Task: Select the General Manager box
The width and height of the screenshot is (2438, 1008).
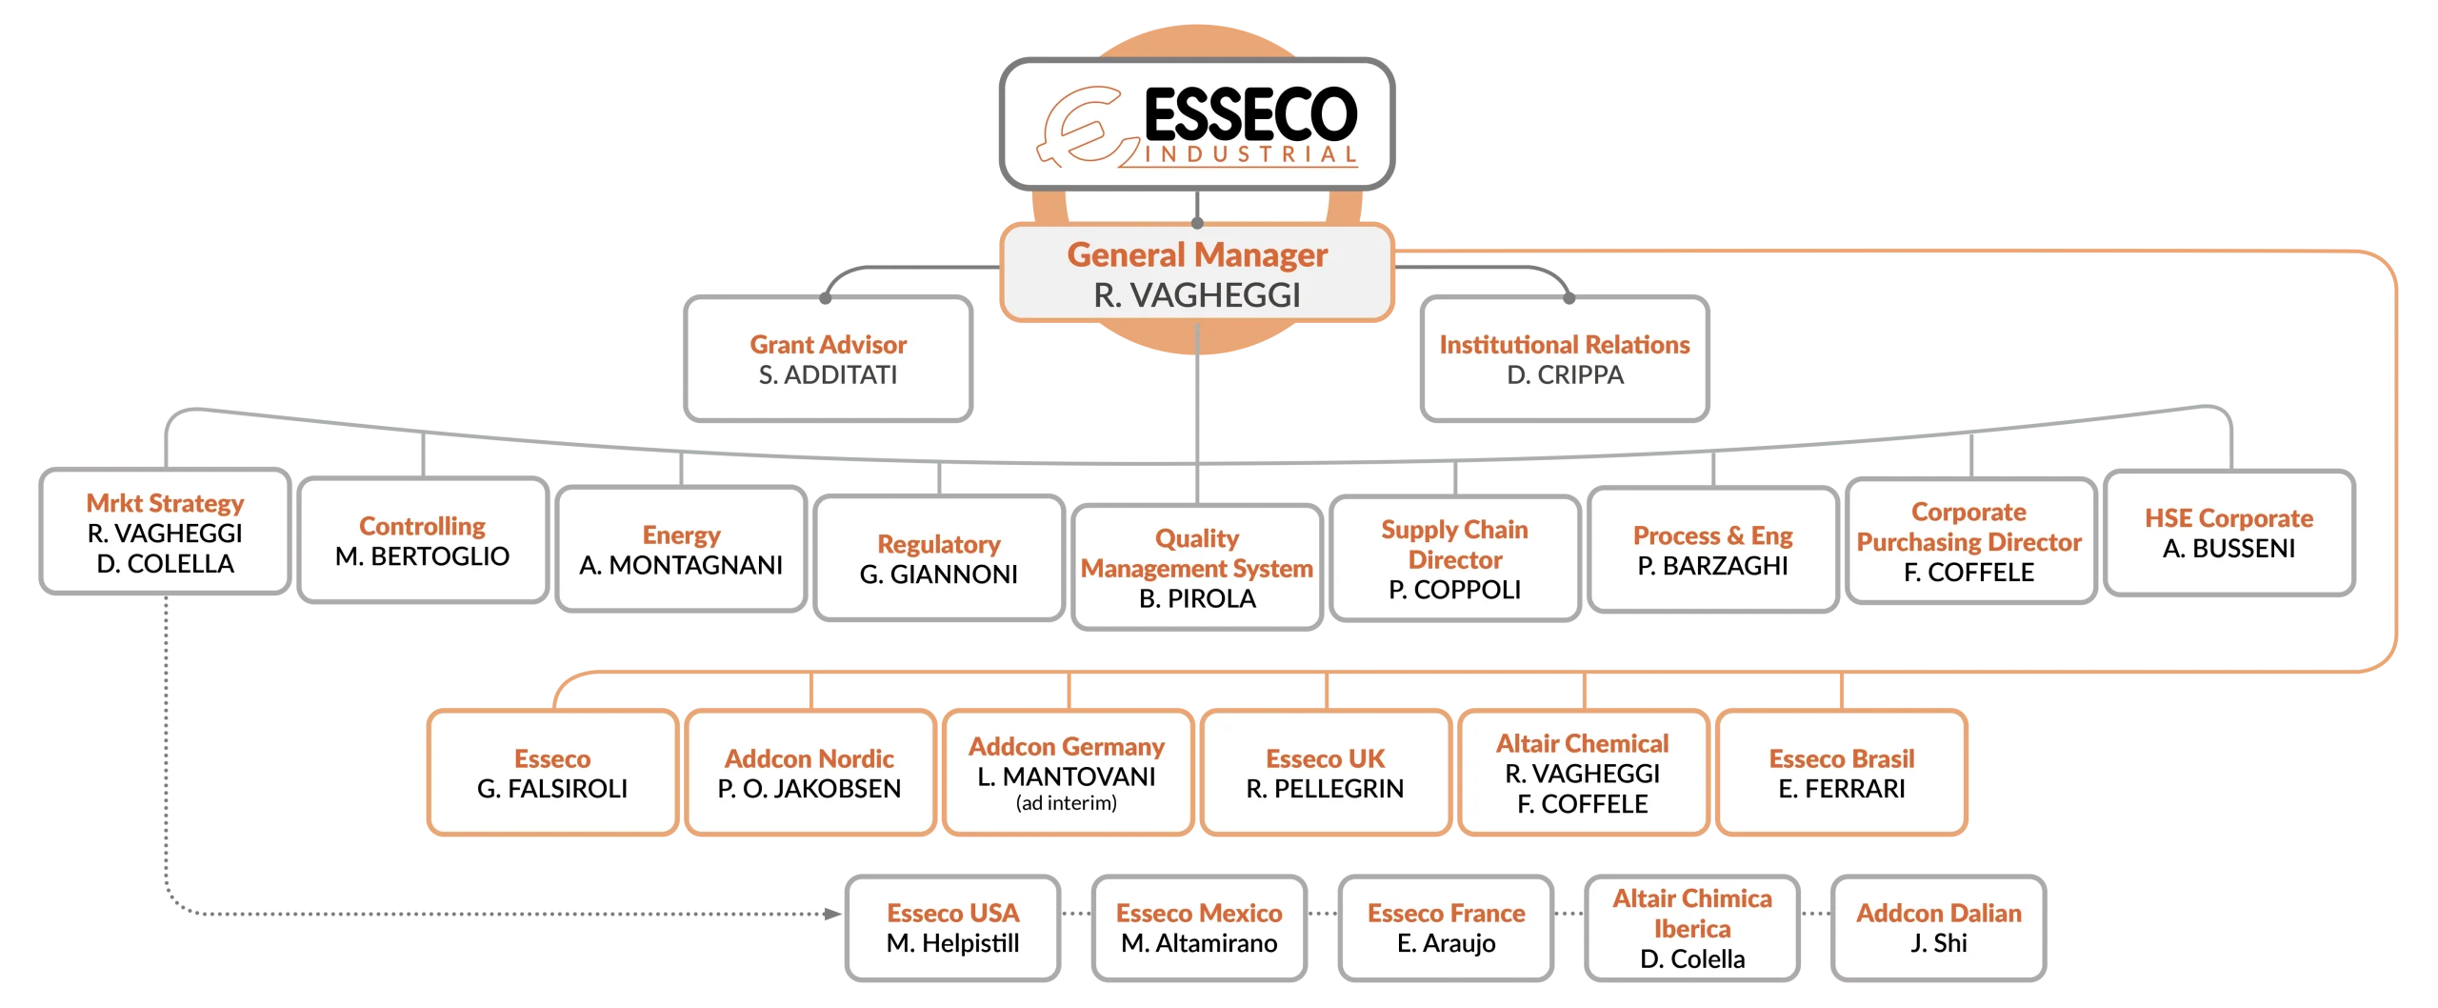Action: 1197,274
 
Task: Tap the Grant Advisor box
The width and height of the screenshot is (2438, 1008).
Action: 828,359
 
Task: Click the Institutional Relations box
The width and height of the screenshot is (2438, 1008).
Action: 1565,359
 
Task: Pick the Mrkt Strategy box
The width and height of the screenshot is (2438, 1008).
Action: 165,533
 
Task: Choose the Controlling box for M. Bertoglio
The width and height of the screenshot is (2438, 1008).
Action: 423,541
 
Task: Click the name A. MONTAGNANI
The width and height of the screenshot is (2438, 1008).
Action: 681,566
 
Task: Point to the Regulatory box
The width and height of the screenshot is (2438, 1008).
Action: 939,559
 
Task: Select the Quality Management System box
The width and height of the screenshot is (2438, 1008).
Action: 1197,568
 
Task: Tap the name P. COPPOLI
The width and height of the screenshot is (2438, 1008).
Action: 1455,591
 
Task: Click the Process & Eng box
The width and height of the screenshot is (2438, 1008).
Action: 1713,551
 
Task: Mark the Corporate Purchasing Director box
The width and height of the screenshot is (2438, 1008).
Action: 1969,541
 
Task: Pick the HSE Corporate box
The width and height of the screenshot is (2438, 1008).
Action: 2228,533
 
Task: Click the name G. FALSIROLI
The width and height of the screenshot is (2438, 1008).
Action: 552,789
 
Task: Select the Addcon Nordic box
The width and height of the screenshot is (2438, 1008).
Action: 809,774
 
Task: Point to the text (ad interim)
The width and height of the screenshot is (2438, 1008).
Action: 1067,803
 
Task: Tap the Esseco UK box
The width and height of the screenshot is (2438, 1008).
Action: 1325,774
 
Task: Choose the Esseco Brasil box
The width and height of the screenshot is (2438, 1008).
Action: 1842,774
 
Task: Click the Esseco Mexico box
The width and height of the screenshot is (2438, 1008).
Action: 1199,928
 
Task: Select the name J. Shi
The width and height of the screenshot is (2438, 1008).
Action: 1939,943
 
